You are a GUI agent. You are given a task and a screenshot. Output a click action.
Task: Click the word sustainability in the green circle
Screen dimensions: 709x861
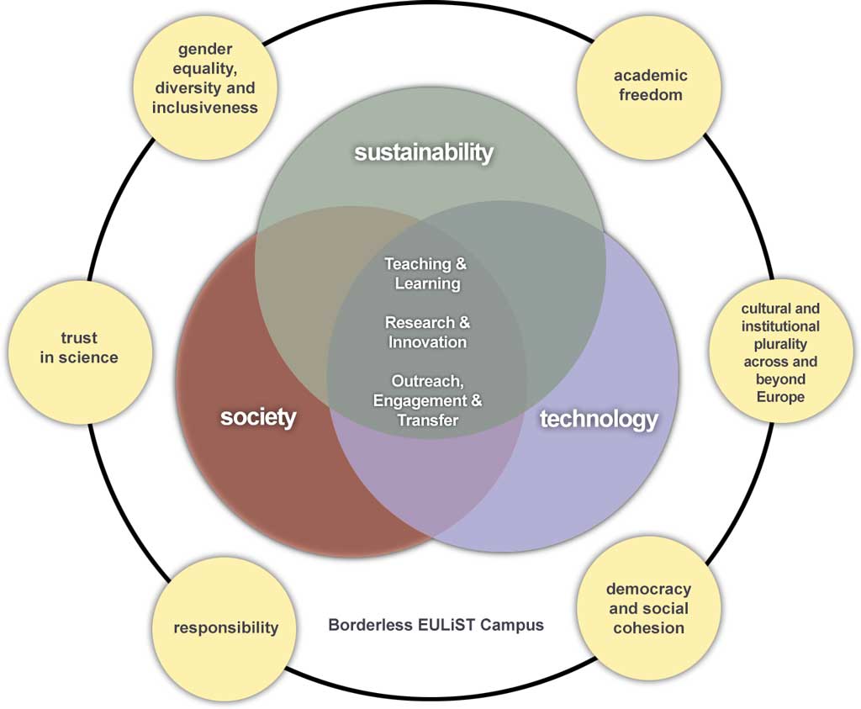tap(423, 152)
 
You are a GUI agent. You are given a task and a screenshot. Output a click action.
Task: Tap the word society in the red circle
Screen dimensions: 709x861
tap(258, 416)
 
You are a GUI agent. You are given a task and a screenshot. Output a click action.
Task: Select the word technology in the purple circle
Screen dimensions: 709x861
tap(598, 419)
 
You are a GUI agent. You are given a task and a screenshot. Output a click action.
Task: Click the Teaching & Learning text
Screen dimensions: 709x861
tap(427, 273)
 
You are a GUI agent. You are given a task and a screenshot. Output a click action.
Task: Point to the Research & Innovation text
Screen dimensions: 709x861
tap(427, 332)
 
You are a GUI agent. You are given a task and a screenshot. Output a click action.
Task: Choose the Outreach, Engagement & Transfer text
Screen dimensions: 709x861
tap(427, 399)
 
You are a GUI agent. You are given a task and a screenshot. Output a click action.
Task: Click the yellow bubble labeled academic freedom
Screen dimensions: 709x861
tap(650, 85)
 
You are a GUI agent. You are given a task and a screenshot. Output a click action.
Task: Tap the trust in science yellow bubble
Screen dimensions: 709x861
tap(79, 347)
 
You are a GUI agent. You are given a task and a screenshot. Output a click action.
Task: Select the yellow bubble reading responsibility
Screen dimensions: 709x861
tap(225, 627)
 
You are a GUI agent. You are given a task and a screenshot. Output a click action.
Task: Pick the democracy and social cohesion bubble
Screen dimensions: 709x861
tap(648, 608)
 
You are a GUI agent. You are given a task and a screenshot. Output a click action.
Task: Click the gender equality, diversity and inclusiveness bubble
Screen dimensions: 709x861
tap(205, 78)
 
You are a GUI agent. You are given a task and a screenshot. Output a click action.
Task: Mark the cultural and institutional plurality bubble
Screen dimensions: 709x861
tap(780, 352)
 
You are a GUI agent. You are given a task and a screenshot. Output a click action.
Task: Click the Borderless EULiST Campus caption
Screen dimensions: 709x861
tap(436, 625)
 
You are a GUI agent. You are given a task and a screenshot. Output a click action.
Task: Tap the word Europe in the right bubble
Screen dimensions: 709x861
tap(780, 397)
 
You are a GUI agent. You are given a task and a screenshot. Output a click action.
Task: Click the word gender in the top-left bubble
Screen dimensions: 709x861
tap(205, 50)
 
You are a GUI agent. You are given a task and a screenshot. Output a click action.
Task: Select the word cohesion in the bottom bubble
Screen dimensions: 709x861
tap(648, 628)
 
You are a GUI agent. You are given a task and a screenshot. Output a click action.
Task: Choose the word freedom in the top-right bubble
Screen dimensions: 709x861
tap(650, 94)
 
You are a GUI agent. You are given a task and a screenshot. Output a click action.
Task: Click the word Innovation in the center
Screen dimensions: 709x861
tap(427, 342)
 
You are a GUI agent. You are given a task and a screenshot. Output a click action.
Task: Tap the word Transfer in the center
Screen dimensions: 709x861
tap(427, 420)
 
